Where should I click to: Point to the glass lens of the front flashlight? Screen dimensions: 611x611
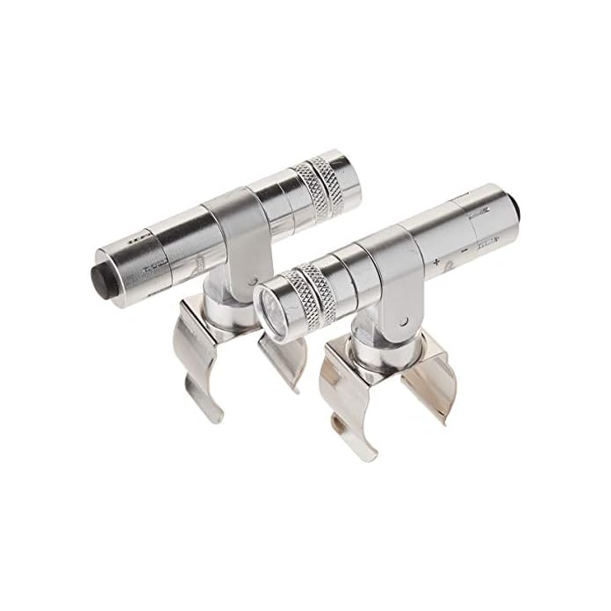pos(269,305)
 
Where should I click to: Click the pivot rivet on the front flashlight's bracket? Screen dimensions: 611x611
pos(406,314)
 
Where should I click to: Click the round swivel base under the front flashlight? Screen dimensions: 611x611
pos(373,347)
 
